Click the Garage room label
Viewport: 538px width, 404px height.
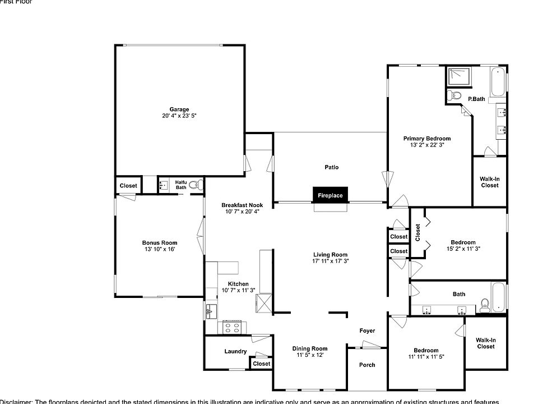pyautogui.click(x=179, y=109)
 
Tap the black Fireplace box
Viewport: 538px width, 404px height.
pyautogui.click(x=331, y=195)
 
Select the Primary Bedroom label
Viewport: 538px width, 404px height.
pyautogui.click(x=427, y=139)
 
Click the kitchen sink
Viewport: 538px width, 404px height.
pyautogui.click(x=211, y=311)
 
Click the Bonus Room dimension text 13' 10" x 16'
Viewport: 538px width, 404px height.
pyautogui.click(x=159, y=249)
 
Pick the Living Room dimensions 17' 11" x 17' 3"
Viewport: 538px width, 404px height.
pyautogui.click(x=331, y=261)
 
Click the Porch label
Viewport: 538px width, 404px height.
pyautogui.click(x=367, y=365)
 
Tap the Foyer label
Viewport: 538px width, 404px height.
pyautogui.click(x=367, y=330)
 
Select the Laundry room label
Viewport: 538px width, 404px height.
pyautogui.click(x=235, y=352)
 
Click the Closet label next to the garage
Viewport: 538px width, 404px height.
pyautogui.click(x=128, y=186)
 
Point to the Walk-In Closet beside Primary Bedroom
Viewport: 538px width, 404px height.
pyautogui.click(x=489, y=182)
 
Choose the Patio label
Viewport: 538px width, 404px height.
pyautogui.click(x=331, y=167)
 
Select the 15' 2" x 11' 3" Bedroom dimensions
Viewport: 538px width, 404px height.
pyautogui.click(x=463, y=249)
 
